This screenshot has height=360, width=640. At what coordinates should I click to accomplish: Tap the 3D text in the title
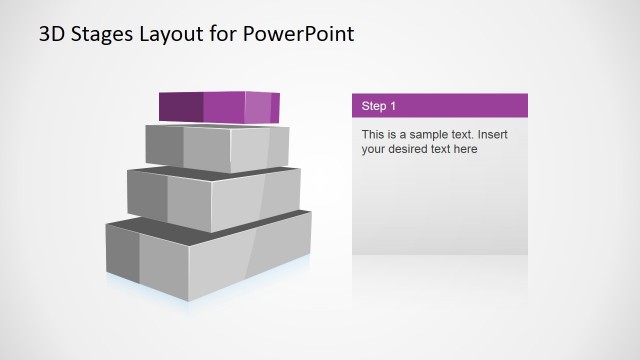[51, 34]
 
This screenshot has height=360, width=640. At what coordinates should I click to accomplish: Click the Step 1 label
[379, 105]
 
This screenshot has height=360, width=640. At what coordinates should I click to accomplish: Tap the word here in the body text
[465, 150]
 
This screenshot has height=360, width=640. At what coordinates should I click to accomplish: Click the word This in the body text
[373, 134]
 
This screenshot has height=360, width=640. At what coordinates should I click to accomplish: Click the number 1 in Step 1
[393, 105]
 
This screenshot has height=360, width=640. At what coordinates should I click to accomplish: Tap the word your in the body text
[374, 150]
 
